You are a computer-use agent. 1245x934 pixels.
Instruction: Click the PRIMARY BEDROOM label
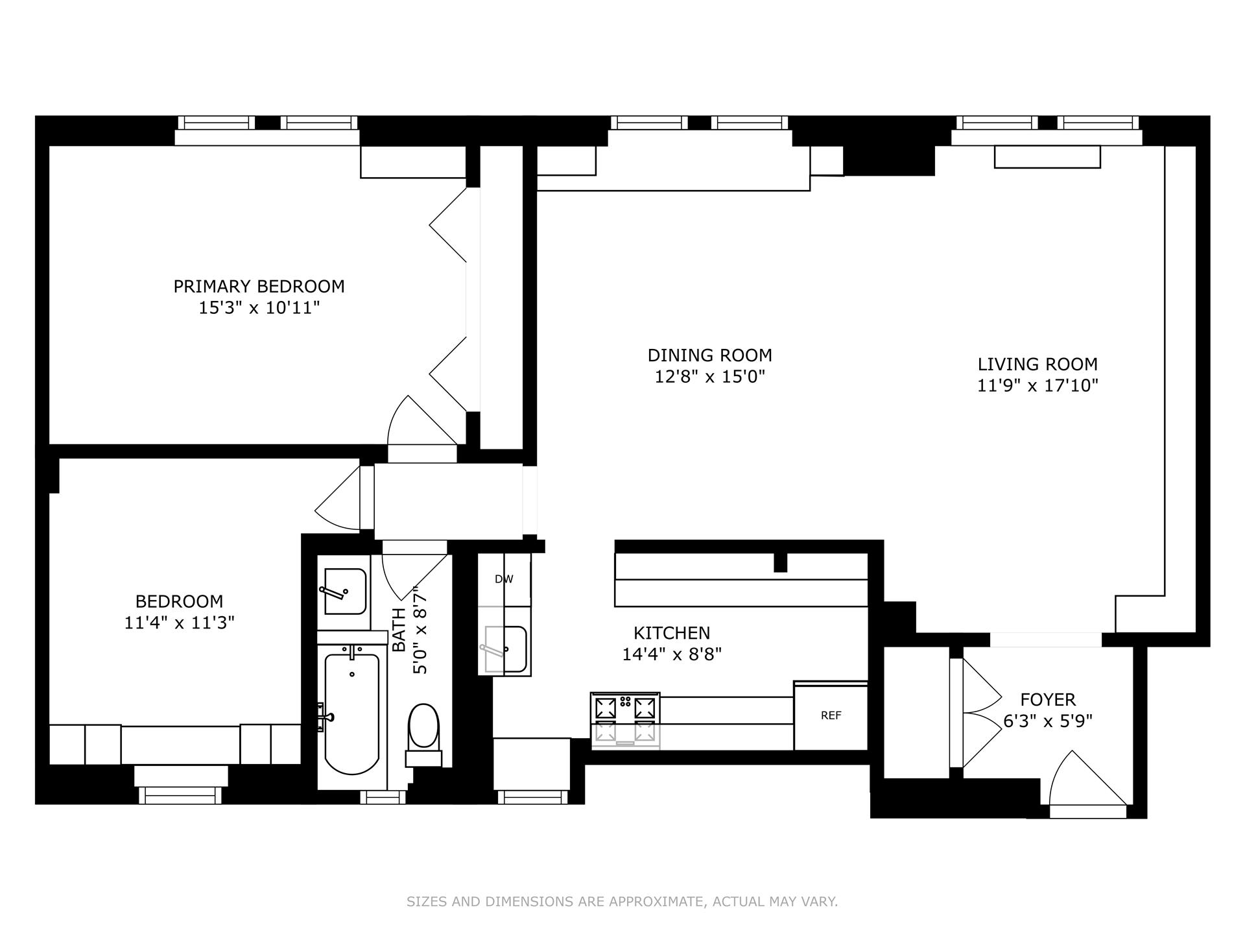pos(259,286)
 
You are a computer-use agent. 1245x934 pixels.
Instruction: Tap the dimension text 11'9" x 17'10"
pos(1037,386)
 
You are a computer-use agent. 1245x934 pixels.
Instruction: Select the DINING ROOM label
pos(709,355)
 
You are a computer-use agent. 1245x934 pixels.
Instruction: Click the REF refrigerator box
pos(831,715)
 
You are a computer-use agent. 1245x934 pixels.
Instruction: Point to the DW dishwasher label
pos(504,579)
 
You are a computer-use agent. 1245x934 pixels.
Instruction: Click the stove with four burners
pos(625,719)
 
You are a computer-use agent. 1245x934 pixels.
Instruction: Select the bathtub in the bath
pos(351,713)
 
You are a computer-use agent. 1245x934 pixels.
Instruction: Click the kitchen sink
pos(506,649)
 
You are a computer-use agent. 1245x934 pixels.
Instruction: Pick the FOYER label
pos(1048,700)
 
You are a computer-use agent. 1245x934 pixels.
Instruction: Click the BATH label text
pos(399,629)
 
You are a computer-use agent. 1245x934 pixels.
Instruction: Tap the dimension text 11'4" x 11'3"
pos(179,623)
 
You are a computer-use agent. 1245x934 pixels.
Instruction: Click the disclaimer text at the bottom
pos(622,902)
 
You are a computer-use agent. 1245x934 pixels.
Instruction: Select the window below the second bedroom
pos(180,795)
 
